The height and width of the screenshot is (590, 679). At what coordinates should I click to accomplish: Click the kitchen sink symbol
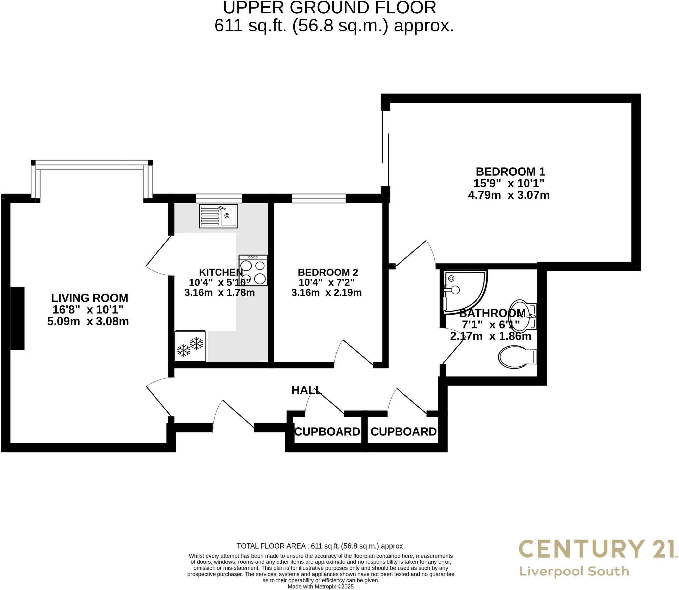click(x=218, y=216)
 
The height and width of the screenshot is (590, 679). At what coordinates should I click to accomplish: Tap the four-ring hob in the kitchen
click(x=253, y=270)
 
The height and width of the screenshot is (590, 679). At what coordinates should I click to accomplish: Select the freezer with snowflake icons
click(x=190, y=346)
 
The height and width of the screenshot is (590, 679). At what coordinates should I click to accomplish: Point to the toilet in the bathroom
click(x=517, y=357)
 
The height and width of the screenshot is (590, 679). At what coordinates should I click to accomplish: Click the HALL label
click(x=306, y=390)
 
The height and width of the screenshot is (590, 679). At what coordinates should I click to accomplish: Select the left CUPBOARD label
click(x=327, y=431)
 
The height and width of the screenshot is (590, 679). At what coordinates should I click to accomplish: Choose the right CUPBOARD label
click(x=403, y=431)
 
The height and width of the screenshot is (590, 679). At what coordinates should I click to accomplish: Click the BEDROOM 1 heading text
click(x=510, y=171)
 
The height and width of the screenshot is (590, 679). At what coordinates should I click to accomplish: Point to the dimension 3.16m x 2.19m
click(x=326, y=293)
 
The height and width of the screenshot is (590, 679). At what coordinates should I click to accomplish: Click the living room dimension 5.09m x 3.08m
click(x=88, y=321)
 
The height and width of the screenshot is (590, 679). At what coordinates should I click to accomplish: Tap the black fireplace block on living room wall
click(x=18, y=318)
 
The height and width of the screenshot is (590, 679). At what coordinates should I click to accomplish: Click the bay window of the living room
click(x=92, y=165)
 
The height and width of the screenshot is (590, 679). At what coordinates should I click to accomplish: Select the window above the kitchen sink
click(x=219, y=198)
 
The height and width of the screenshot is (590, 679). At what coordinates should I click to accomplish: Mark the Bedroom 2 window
click(x=319, y=198)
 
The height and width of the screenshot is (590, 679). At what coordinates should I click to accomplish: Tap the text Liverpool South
click(x=574, y=571)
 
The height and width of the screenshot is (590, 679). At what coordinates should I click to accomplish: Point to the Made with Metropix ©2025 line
click(x=321, y=586)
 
